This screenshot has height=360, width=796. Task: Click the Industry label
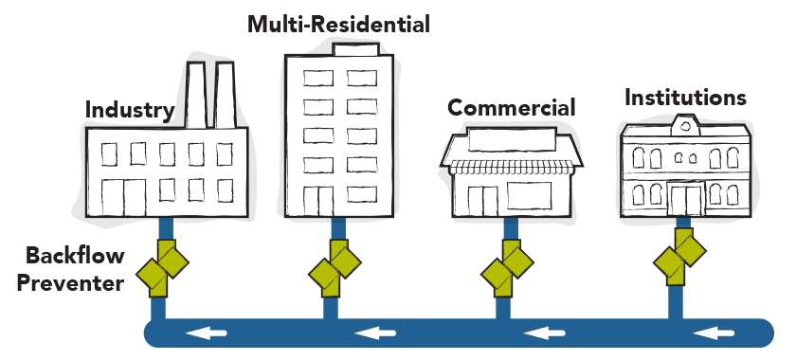(130, 111)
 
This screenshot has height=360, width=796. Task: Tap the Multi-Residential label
(338, 24)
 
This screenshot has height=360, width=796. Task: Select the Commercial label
(511, 108)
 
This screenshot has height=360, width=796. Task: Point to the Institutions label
(685, 98)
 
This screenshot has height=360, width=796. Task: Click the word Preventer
(75, 281)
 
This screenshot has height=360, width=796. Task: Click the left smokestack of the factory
(196, 95)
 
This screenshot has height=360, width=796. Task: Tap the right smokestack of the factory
(225, 95)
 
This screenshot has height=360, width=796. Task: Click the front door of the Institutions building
(685, 199)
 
